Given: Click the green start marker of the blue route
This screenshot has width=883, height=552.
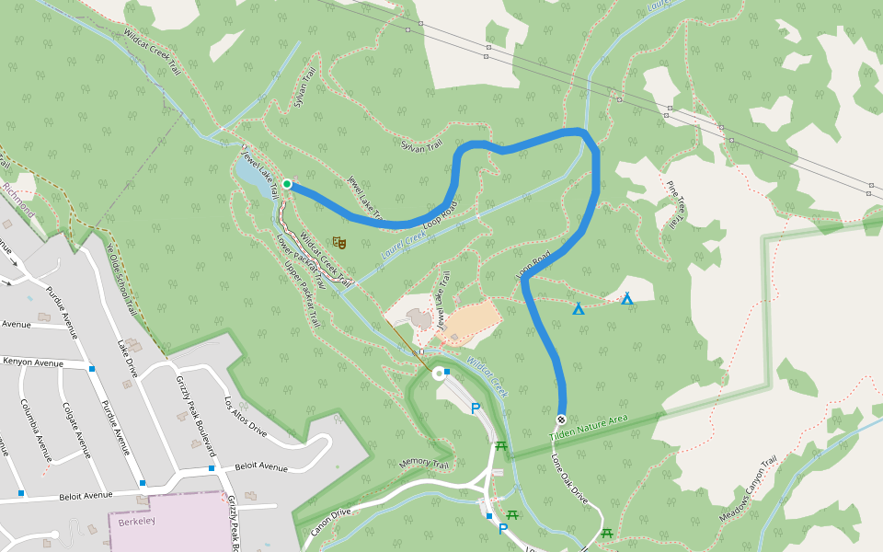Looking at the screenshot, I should (x=287, y=185).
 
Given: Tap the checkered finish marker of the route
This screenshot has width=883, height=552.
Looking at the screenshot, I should (x=560, y=420).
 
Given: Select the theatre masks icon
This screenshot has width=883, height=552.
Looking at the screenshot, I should (x=339, y=243).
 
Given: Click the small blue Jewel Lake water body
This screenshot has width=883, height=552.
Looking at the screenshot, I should (x=250, y=172).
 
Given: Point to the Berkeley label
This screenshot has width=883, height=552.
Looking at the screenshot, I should (x=137, y=522).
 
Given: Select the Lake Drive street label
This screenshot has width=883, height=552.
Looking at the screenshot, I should (x=126, y=358).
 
